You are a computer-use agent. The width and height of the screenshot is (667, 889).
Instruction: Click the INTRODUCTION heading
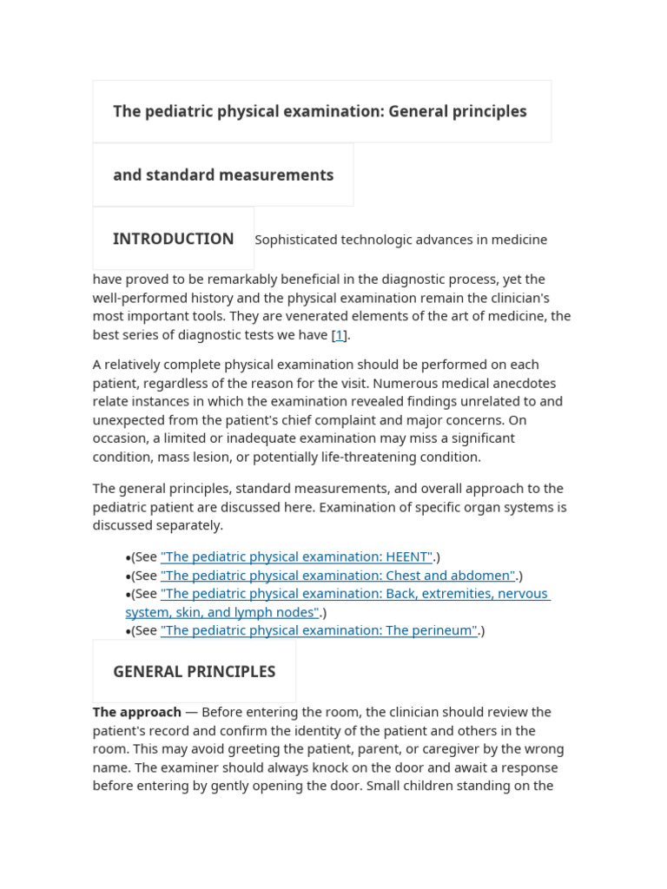coord(173,239)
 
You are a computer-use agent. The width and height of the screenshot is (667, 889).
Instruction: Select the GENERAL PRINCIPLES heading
coord(194,671)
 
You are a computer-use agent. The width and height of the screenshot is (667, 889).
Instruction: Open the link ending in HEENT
coord(296,556)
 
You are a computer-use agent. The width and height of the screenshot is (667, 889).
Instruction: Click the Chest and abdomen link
coord(338,575)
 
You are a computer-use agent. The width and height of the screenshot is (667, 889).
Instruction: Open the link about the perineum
coord(319,630)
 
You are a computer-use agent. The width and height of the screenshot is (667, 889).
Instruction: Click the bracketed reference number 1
coord(340,334)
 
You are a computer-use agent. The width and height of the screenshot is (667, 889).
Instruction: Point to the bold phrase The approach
coord(137,712)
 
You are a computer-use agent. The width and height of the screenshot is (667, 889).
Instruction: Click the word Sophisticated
coord(296,240)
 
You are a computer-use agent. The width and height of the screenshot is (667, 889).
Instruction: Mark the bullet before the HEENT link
coord(129,557)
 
